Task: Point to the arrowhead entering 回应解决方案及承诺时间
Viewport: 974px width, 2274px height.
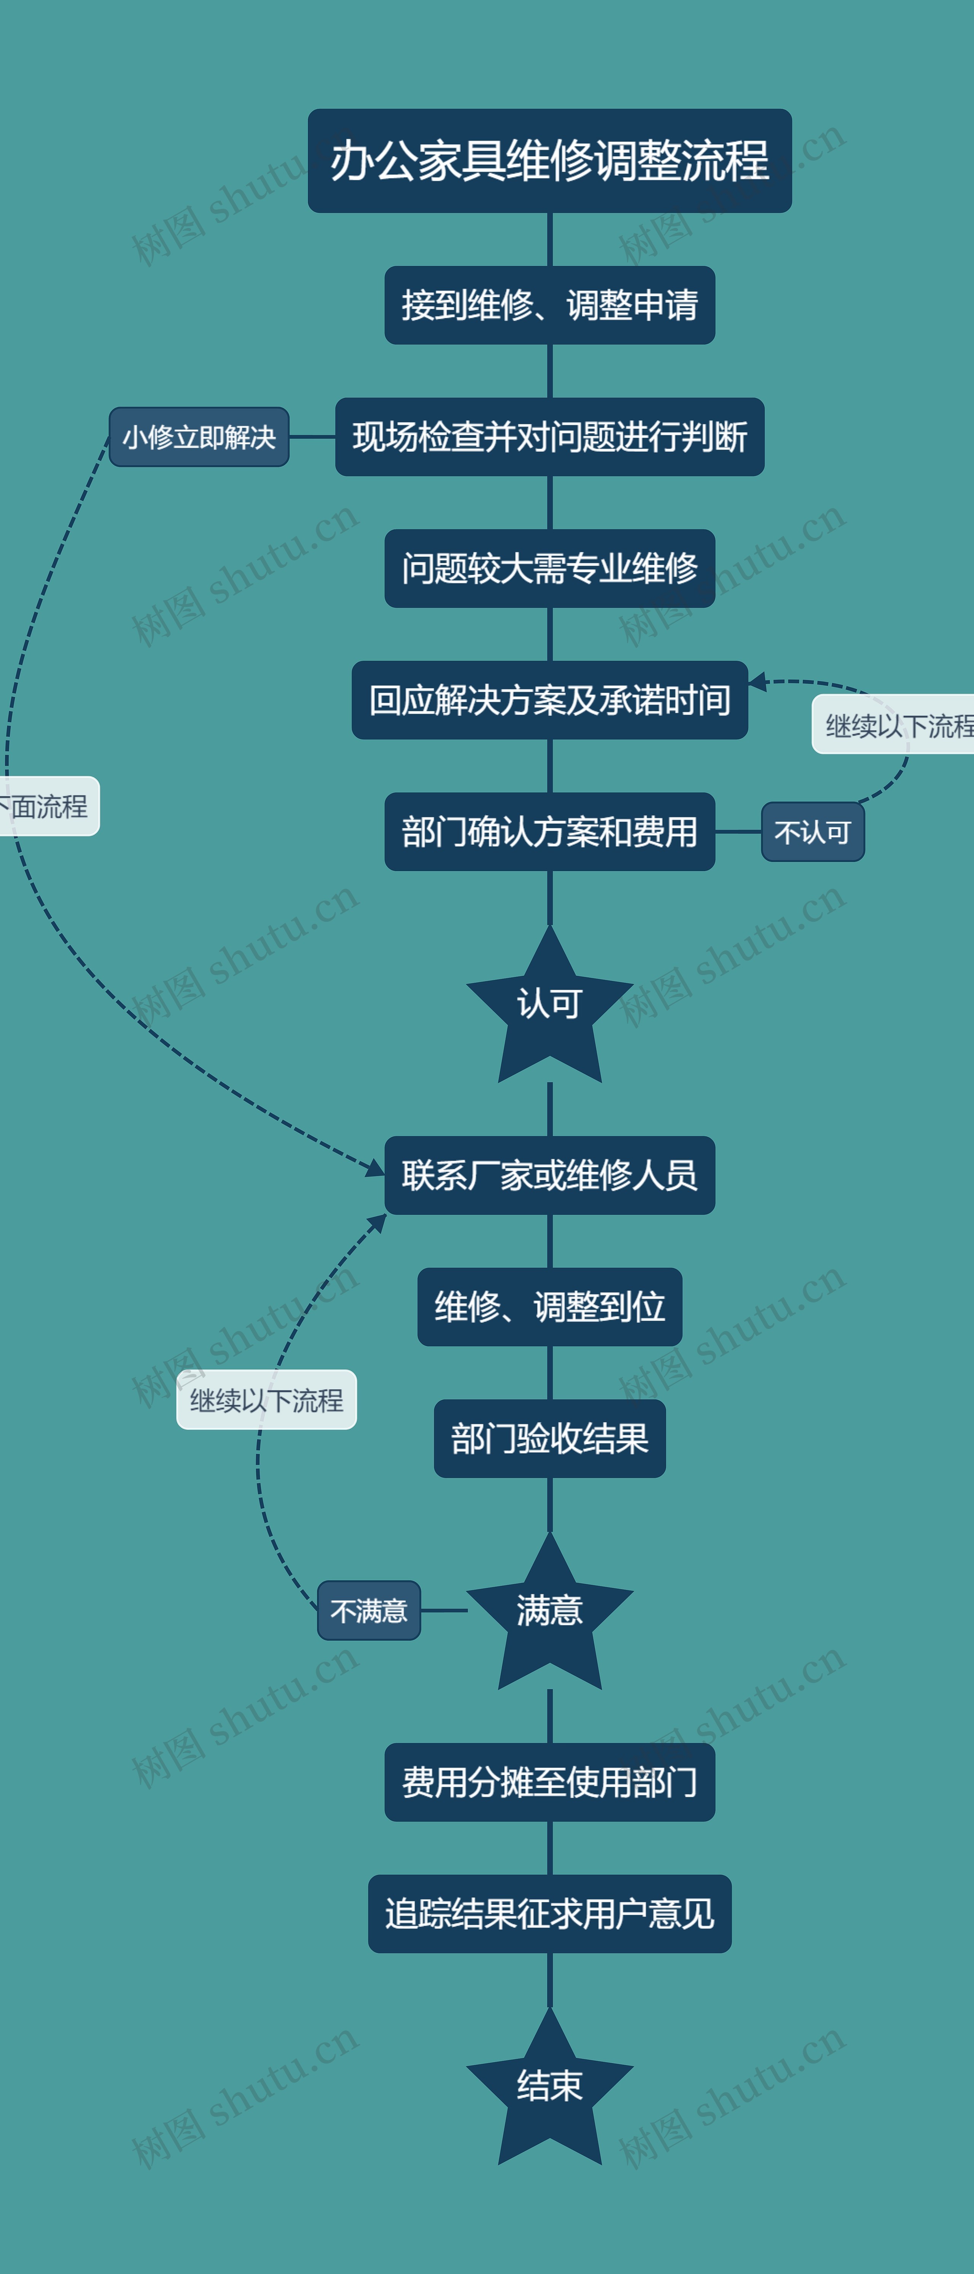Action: pos(757,682)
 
